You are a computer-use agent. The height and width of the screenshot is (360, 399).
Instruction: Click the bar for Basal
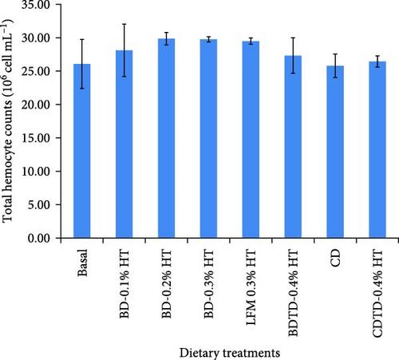82,151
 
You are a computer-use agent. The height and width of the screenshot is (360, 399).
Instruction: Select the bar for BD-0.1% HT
124,144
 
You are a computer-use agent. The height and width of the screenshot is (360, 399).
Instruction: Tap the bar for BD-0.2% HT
167,138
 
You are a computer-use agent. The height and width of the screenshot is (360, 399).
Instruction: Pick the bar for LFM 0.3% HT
251,140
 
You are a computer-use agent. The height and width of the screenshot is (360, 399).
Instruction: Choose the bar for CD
335,152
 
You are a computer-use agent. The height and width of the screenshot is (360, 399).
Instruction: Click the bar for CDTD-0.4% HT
377,149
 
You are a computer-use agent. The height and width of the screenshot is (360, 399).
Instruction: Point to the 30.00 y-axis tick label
36,38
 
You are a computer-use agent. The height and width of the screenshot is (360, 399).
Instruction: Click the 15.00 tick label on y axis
36,138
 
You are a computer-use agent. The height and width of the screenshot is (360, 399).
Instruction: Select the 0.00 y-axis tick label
39,238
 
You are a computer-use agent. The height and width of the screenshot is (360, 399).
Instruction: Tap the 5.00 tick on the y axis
39,205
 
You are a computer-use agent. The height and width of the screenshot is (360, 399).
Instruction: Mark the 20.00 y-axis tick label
36,105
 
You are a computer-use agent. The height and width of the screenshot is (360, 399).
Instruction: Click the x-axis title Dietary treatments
230,353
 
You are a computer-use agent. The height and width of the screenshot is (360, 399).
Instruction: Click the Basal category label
82,263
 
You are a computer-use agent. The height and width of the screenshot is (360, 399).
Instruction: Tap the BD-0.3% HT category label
209,284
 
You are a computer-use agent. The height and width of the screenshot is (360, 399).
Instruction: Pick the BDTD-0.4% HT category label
293,293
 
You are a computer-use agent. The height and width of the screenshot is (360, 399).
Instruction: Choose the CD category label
335,258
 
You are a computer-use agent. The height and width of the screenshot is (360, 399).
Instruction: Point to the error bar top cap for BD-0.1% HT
124,24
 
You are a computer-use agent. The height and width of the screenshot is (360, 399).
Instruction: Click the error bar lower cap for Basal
82,89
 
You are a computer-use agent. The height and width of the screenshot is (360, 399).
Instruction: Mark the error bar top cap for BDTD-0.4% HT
293,38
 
